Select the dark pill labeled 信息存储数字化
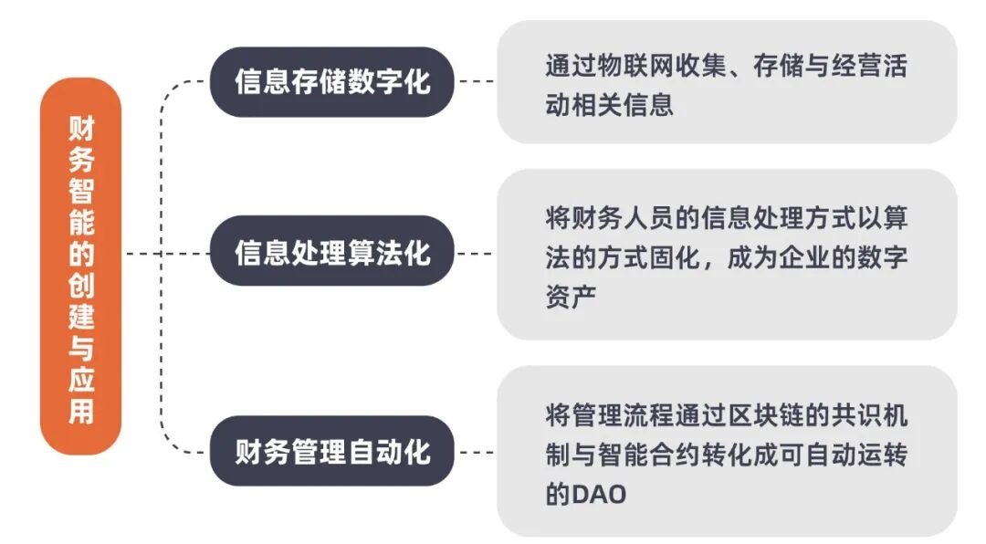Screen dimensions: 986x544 (x=331, y=82)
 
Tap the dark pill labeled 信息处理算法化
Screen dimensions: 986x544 (x=331, y=251)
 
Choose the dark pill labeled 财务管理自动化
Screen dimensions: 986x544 (x=331, y=451)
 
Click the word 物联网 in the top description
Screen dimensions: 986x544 (x=649, y=68)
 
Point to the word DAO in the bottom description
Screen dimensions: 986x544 (x=599, y=496)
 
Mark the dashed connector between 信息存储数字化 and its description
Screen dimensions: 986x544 (x=475, y=82)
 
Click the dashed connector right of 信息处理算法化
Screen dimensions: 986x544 (x=475, y=252)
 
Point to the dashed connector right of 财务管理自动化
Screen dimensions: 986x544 (x=475, y=451)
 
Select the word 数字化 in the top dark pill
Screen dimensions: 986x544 (x=398, y=82)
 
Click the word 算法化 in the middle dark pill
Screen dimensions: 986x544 (x=398, y=251)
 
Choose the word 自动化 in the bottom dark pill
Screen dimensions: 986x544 (x=398, y=451)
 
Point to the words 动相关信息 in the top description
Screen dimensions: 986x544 (x=609, y=105)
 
